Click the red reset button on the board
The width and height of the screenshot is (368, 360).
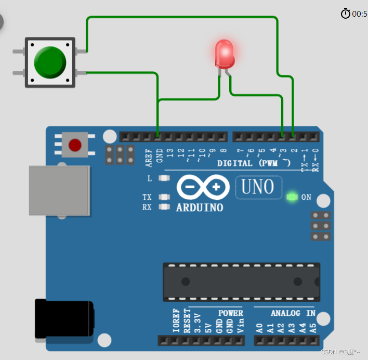75,145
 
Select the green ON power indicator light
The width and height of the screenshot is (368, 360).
292,197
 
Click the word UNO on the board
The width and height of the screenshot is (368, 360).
258,187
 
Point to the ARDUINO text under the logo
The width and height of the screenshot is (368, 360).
199,208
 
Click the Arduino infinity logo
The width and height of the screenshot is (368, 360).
202,187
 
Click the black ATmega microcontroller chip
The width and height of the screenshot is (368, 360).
241,281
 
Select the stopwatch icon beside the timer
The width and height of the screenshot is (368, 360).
346,14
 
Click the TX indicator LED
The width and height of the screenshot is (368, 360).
164,197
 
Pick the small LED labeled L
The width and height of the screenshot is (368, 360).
164,178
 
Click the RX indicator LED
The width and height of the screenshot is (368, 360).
164,207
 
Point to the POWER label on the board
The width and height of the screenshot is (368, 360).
230,313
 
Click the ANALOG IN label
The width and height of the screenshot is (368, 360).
293,313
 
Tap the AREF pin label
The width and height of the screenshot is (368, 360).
149,157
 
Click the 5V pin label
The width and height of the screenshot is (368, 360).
208,327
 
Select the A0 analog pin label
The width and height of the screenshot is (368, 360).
259,328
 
